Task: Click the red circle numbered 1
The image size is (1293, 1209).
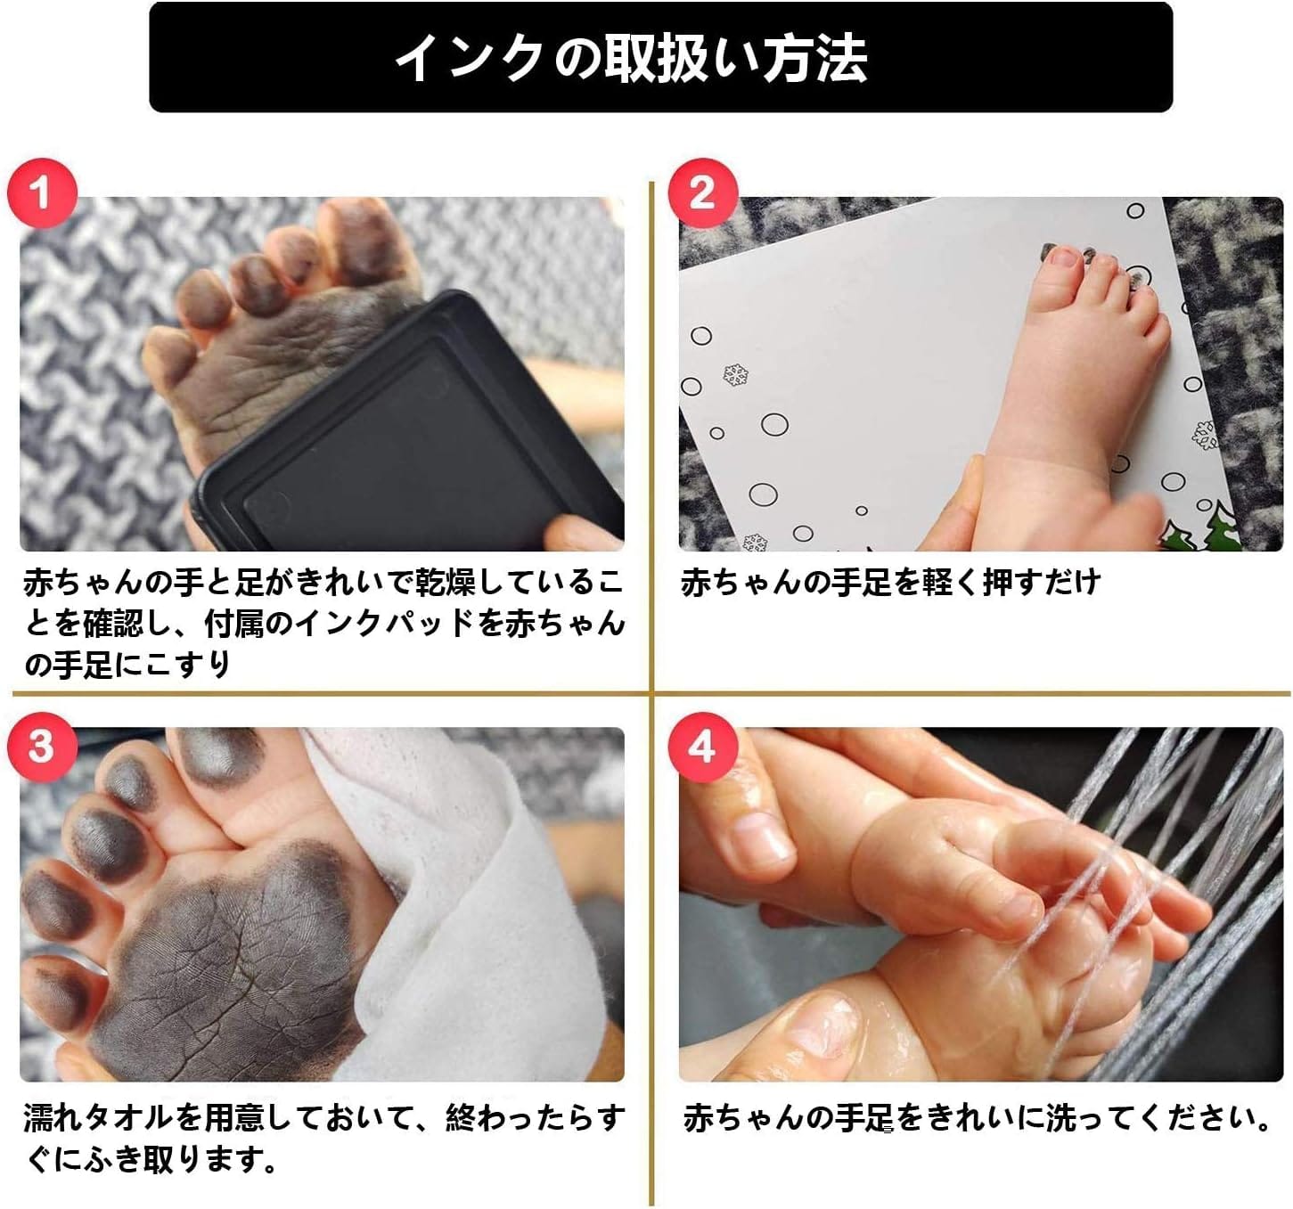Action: (x=42, y=193)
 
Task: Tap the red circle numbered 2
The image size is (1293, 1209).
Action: (x=703, y=193)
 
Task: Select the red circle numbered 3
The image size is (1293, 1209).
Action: (x=42, y=747)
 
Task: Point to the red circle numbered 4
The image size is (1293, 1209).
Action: (x=703, y=747)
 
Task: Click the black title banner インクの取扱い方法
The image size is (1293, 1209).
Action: (x=661, y=57)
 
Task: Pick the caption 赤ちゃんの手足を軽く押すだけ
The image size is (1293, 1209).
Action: (x=890, y=582)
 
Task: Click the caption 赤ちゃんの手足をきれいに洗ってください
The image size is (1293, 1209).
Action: (x=977, y=1119)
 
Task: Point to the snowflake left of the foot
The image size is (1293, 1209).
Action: (x=736, y=374)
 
